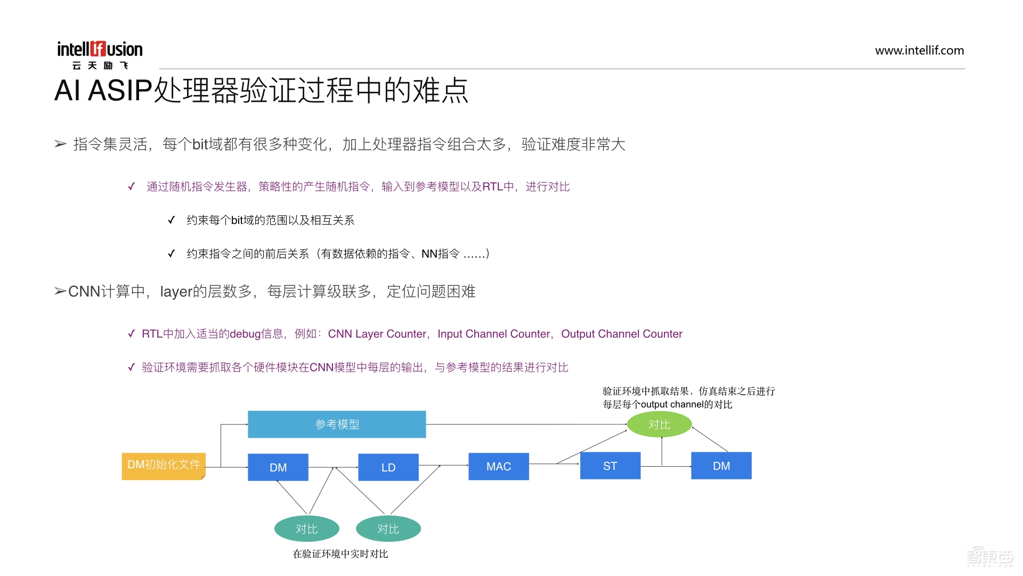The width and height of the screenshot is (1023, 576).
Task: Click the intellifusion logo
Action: pyautogui.click(x=100, y=54)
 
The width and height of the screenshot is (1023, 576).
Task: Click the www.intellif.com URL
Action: pyautogui.click(x=919, y=51)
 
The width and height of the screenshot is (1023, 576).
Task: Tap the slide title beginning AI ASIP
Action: pyautogui.click(x=261, y=91)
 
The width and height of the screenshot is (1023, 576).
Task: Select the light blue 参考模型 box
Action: pyautogui.click(x=337, y=425)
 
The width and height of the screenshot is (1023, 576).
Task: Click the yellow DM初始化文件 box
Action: pyautogui.click(x=164, y=466)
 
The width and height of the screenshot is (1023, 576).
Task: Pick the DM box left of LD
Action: pyautogui.click(x=278, y=467)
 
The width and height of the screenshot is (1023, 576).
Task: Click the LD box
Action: pyautogui.click(x=388, y=467)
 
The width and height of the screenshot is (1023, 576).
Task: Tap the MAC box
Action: pyautogui.click(x=499, y=467)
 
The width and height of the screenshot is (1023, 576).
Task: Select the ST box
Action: pyautogui.click(x=610, y=466)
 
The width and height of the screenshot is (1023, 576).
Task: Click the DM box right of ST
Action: pyautogui.click(x=721, y=466)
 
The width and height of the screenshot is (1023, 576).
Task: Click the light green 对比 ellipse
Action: pyautogui.click(x=660, y=425)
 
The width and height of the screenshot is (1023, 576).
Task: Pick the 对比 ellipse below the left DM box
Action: pyautogui.click(x=307, y=529)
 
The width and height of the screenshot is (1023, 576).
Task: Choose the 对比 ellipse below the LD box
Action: pyautogui.click(x=388, y=529)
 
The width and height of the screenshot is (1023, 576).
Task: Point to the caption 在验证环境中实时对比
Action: pyautogui.click(x=340, y=554)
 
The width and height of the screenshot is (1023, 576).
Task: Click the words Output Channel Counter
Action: pyautogui.click(x=621, y=334)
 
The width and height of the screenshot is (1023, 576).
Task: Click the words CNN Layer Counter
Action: pyautogui.click(x=377, y=334)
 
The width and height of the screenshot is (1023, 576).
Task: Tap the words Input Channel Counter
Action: pyautogui.click(x=494, y=334)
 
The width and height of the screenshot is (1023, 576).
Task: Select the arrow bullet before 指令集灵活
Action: pyautogui.click(x=61, y=144)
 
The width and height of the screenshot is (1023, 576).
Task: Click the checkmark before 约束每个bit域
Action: pyautogui.click(x=171, y=220)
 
